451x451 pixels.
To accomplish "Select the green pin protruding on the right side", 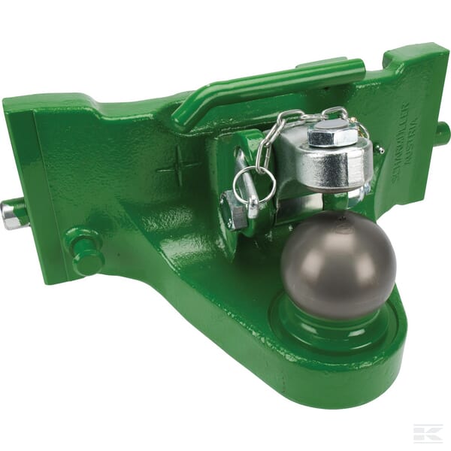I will pos(442,134).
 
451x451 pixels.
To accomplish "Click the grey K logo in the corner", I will pos(426,432).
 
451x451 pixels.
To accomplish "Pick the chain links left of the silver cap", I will pos(269,139).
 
